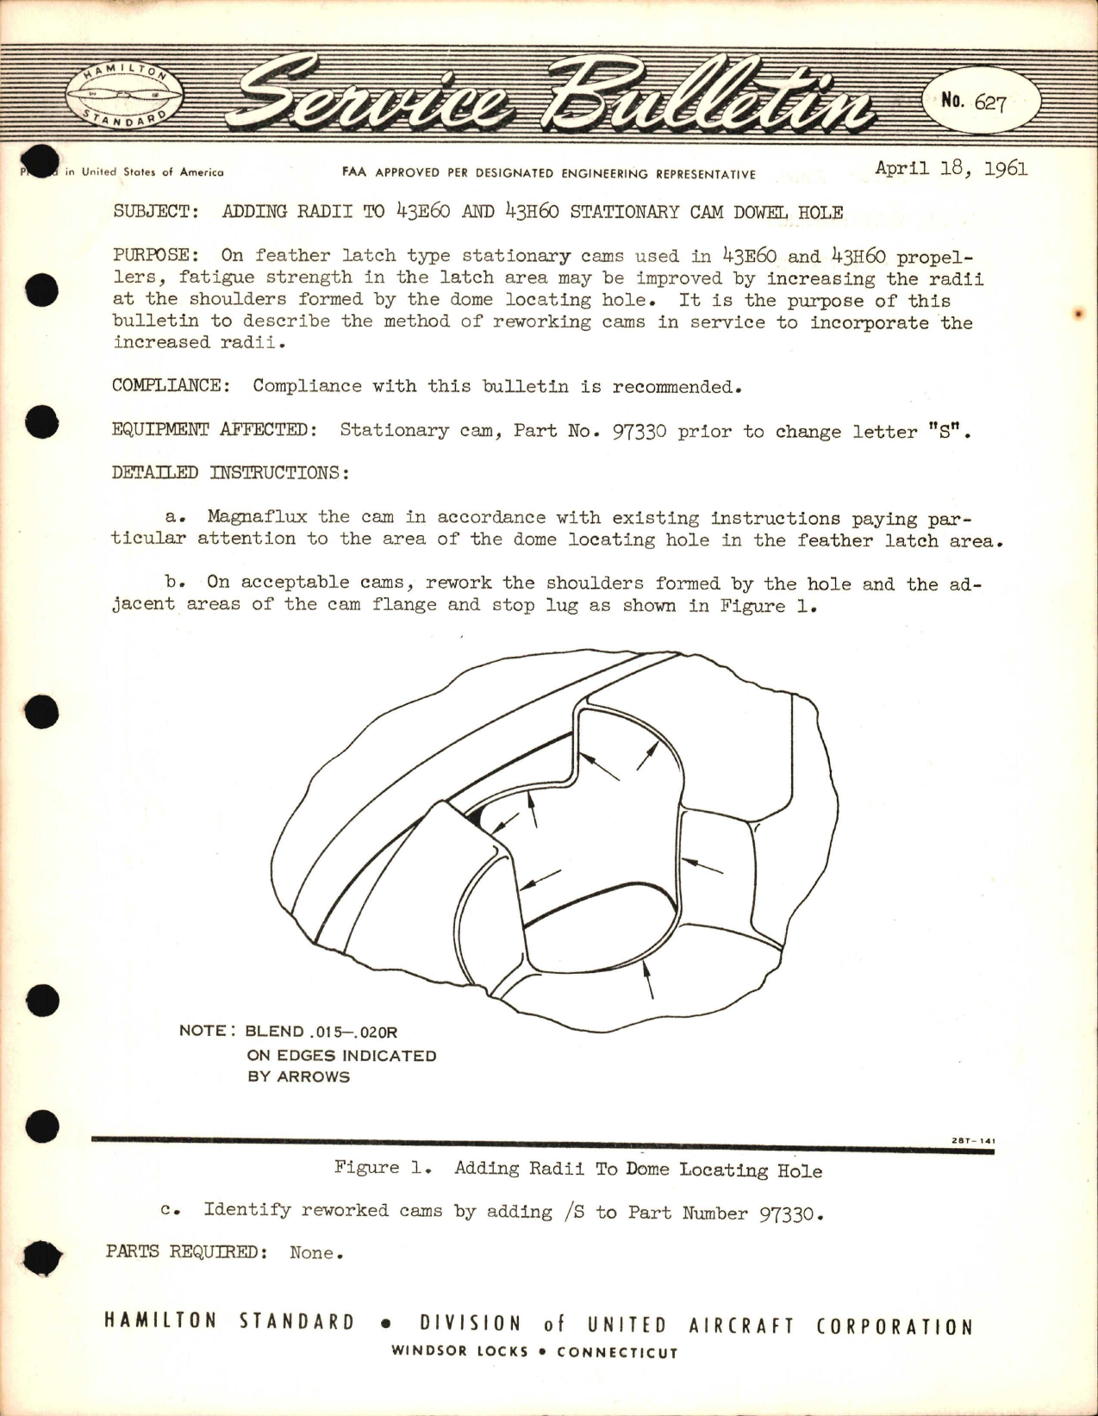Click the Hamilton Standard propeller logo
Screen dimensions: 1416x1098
pyautogui.click(x=123, y=95)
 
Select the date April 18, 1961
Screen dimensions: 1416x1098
pyautogui.click(x=951, y=168)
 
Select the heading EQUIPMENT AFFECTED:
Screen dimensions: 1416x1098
pyautogui.click(x=213, y=429)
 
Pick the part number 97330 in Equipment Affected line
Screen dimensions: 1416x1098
pyautogui.click(x=639, y=431)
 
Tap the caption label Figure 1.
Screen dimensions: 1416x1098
pyautogui.click(x=380, y=1168)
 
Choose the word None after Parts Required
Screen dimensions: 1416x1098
pyautogui.click(x=315, y=1252)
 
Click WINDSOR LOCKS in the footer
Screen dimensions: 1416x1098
pyautogui.click(x=459, y=1351)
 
